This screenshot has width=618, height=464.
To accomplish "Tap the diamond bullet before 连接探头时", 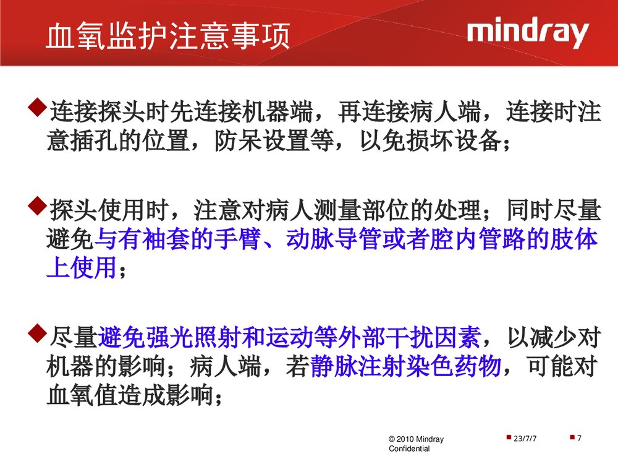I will pyautogui.click(x=38, y=108).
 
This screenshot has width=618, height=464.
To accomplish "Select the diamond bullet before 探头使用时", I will pyautogui.click(x=38, y=206).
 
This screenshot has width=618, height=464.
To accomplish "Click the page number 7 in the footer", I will pyautogui.click(x=580, y=439).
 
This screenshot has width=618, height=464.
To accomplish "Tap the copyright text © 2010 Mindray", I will pyautogui.click(x=416, y=439).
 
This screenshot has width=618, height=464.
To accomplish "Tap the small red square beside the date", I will pyautogui.click(x=508, y=438).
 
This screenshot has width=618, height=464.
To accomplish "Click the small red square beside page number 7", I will pyautogui.click(x=572, y=438).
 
